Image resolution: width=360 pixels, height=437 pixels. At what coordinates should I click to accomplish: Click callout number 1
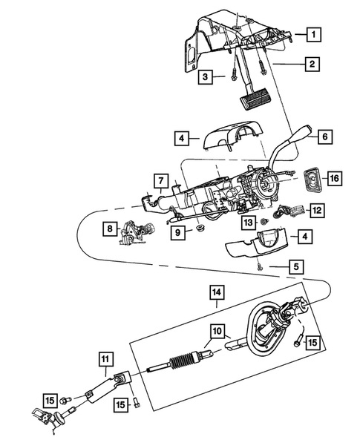pyautogui.click(x=315, y=33)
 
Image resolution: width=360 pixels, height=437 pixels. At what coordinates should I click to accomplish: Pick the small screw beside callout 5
pyautogui.click(x=259, y=266)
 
